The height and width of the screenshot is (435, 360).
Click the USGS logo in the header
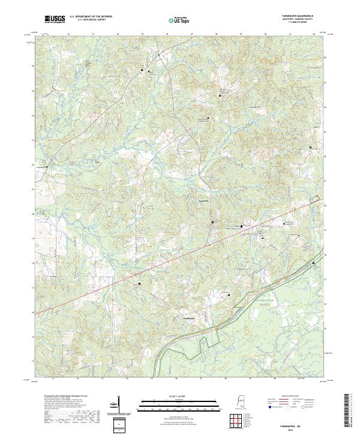pos(55,20)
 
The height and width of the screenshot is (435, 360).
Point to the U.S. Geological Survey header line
pos(91,21)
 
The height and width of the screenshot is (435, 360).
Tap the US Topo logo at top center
pos(181,20)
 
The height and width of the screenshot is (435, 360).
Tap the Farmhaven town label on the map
pos(189,317)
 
